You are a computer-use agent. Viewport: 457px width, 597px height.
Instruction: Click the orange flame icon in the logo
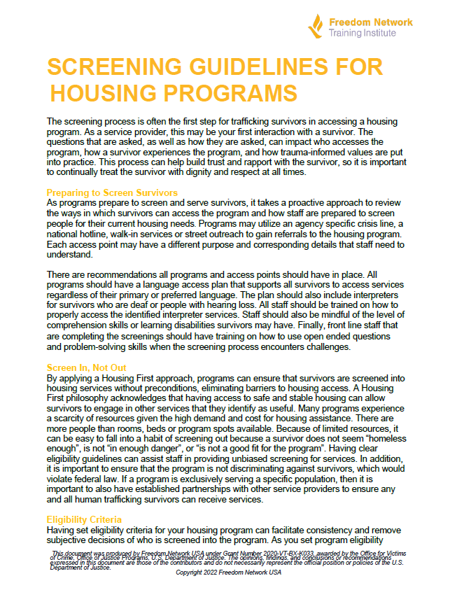pos(316,25)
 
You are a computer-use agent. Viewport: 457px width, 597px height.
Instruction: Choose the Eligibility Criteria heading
pos(85,520)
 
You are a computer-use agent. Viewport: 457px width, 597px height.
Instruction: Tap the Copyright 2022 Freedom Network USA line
pos(228,573)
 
